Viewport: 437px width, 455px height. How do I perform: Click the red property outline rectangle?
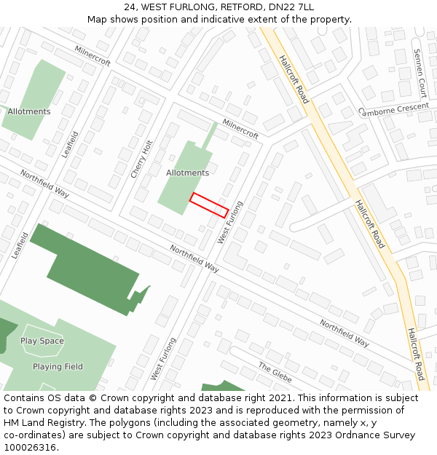point(209,205)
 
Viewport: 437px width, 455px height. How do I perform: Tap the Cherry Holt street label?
point(141,159)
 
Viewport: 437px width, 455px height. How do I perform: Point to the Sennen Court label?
point(420,74)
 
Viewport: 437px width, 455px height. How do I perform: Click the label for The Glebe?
point(275,369)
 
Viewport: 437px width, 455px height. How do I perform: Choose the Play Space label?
point(42,341)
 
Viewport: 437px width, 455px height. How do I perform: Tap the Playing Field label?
point(58,367)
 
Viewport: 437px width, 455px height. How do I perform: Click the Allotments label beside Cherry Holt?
point(187,173)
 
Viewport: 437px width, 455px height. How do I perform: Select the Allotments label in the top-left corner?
point(29,111)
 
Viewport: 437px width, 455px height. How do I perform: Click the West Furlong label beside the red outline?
point(229,222)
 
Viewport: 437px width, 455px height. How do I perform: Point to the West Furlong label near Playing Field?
point(163,358)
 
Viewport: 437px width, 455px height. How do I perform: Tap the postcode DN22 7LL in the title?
point(291,7)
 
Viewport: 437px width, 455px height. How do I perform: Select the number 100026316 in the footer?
point(30,448)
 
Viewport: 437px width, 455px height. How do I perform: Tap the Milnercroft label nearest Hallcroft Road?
point(240,129)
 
